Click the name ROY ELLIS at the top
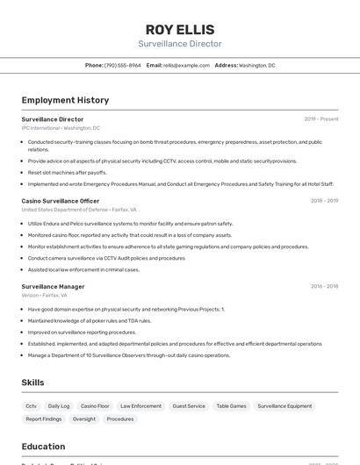pos(179,29)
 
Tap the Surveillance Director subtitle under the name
pos(179,44)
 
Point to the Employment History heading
pos(65,100)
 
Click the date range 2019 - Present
pos(320,119)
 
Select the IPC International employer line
pos(61,128)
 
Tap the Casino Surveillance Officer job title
pos(61,201)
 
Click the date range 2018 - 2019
pos(324,201)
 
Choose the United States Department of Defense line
pos(79,210)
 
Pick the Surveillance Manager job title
pos(53,286)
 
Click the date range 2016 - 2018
pos(324,286)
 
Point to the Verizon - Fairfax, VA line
pos(44,295)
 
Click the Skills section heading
pos(32,383)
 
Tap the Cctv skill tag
pos(31,406)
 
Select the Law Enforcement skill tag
pos(140,406)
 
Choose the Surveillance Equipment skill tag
pos(287,406)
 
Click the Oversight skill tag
pos(84,419)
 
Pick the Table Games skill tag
pos(231,406)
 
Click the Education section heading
pos(43,447)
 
